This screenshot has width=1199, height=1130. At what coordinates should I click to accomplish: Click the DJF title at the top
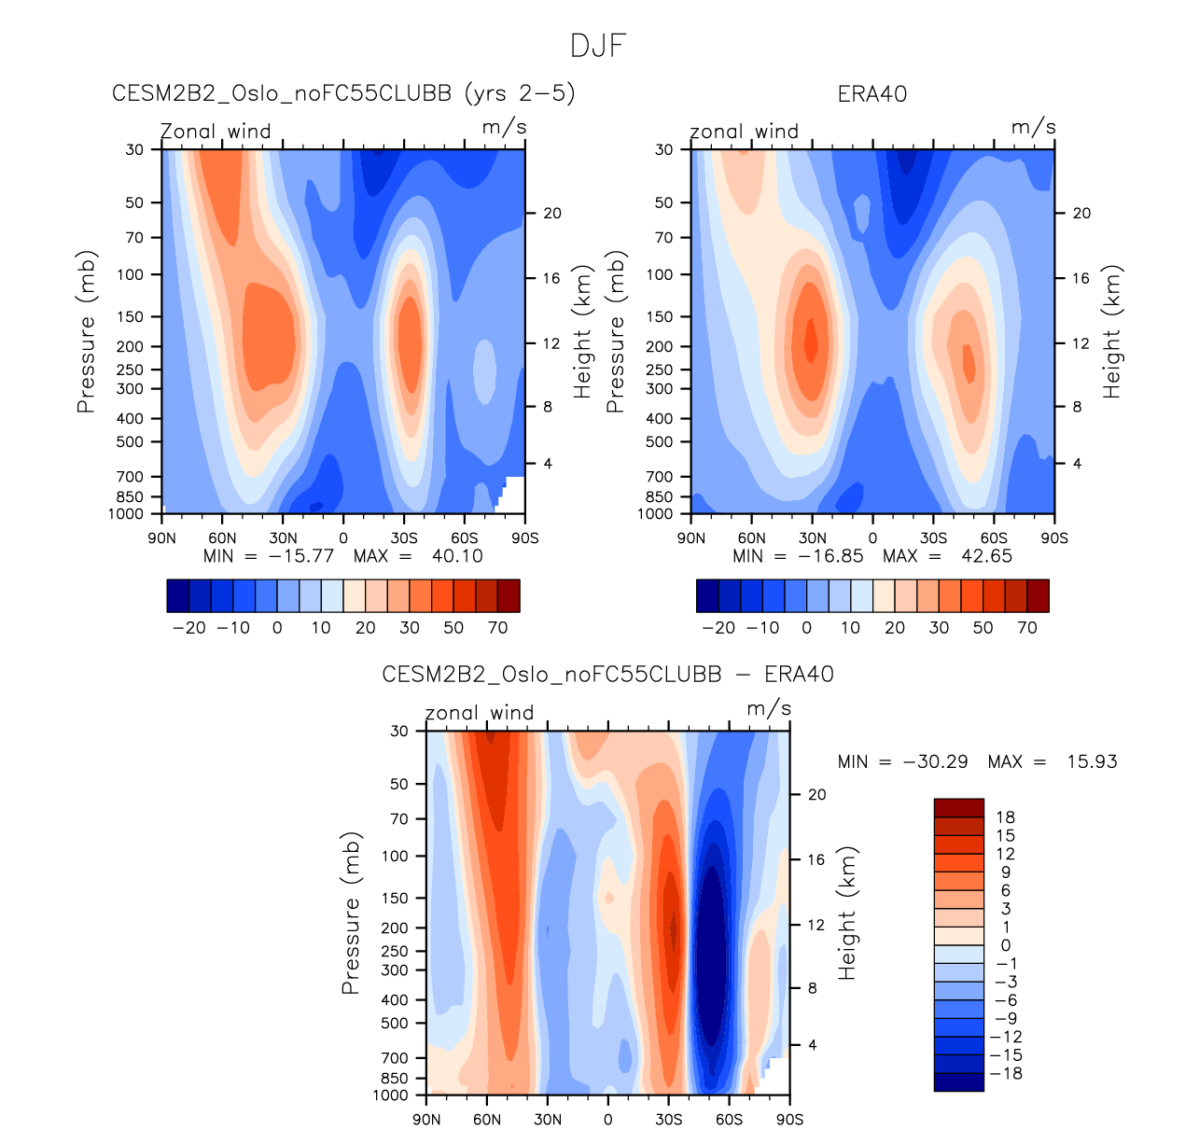tap(598, 46)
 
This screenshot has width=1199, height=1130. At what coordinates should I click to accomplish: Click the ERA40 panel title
tap(872, 94)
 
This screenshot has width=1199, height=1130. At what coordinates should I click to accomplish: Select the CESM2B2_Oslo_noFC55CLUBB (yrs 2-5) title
tap(343, 94)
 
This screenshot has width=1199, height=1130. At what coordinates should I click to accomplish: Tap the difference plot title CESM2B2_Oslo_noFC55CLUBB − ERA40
tap(607, 675)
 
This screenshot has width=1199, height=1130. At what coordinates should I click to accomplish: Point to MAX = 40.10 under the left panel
tap(418, 556)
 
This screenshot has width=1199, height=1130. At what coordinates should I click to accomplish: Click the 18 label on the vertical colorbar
tap(1005, 817)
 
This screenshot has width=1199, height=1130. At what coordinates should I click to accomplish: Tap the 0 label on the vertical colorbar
tap(1005, 945)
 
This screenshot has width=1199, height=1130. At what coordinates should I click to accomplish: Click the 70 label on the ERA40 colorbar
tap(1027, 628)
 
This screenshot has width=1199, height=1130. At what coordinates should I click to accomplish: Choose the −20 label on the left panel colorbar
tap(189, 628)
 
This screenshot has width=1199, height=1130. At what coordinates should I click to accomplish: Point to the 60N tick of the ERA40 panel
tap(751, 538)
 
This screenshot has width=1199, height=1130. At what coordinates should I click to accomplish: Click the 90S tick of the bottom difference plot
tap(789, 1120)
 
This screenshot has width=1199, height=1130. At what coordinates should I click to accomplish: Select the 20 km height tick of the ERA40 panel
tap(1080, 214)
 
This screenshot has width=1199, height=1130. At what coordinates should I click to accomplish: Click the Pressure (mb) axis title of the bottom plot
tap(351, 913)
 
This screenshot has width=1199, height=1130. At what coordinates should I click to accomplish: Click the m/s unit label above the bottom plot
tap(769, 709)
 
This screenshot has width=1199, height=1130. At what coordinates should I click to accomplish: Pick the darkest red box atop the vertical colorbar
tap(958, 808)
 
